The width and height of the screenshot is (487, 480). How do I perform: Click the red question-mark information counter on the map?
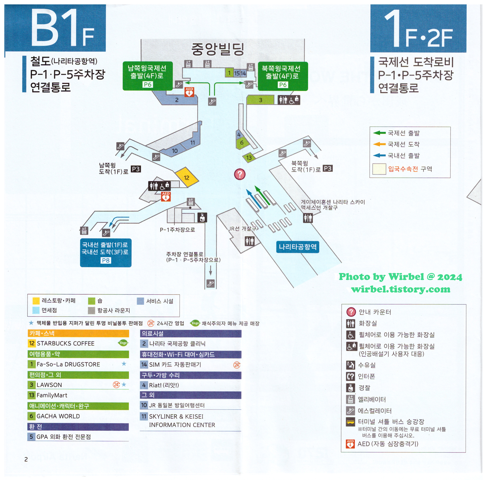click(x=240, y=174)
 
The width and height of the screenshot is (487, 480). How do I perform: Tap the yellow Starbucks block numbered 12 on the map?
click(x=187, y=177)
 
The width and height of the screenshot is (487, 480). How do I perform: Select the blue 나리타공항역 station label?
click(x=298, y=247)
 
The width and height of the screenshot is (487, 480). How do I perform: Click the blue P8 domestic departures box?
click(x=106, y=252)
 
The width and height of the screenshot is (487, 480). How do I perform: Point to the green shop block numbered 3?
click(x=260, y=100)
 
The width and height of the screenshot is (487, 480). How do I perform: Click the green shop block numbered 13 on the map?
click(x=249, y=157)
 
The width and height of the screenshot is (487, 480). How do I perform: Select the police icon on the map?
click(x=202, y=217)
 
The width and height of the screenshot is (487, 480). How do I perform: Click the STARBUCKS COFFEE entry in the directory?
click(x=65, y=343)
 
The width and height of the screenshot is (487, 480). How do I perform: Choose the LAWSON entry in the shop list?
click(x=49, y=385)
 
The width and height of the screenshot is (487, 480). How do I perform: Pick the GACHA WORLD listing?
click(x=58, y=416)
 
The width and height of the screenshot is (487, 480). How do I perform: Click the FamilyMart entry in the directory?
click(x=52, y=395)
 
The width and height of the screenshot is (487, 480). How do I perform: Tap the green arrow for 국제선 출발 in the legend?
click(x=379, y=133)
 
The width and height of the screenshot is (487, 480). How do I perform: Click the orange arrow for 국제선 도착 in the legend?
click(x=379, y=144)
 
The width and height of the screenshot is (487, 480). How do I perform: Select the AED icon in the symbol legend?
click(x=350, y=444)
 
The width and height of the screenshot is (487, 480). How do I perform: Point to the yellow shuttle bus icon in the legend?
click(x=351, y=422)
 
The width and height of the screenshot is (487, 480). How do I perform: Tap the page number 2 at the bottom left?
click(x=26, y=459)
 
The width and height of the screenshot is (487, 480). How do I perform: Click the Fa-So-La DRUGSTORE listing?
click(x=68, y=364)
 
